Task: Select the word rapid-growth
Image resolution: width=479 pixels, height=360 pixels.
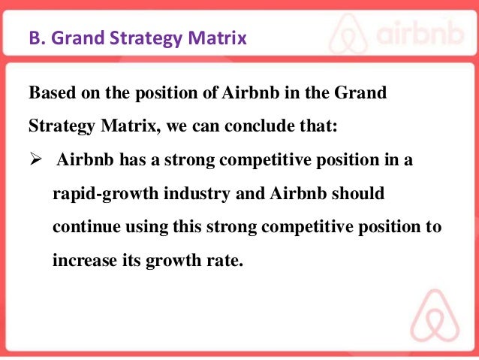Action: (98, 195)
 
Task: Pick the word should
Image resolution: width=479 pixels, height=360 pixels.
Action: (359, 195)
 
